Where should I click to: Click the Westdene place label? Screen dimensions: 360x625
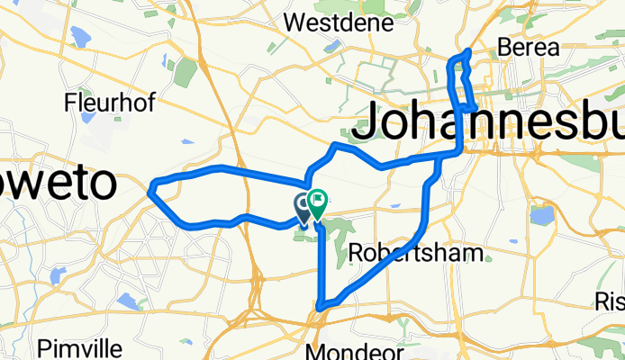click(x=326, y=20)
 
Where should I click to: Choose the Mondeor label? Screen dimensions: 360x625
click(x=347, y=349)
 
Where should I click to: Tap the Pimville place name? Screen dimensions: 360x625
click(x=79, y=346)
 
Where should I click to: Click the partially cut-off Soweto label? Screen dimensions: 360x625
click(x=58, y=183)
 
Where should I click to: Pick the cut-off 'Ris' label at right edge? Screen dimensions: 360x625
click(x=609, y=301)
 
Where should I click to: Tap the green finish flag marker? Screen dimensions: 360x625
click(x=317, y=202)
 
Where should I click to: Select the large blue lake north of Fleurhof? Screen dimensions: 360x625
click(x=77, y=38)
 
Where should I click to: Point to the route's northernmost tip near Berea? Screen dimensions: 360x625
click(x=468, y=50)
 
